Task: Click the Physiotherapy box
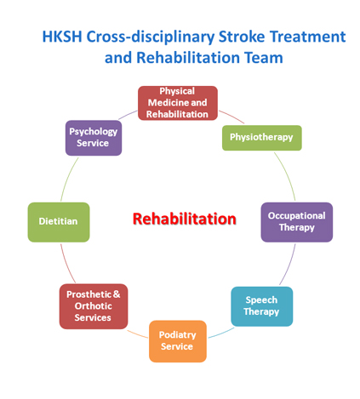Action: coord(261,138)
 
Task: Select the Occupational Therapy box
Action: coord(297,222)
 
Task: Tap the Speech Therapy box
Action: coord(262,306)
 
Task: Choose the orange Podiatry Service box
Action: coord(178,341)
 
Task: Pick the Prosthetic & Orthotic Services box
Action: coord(94,306)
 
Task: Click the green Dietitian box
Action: coord(59,222)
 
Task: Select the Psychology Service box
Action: coord(94,138)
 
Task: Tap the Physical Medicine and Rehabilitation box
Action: coord(178,103)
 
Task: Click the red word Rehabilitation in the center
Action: coord(185,219)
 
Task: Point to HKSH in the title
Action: coord(62,37)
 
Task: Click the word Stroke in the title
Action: coord(242,37)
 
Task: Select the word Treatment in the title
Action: coord(307,37)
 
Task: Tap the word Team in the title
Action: coord(264,58)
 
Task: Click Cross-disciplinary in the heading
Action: coord(151,37)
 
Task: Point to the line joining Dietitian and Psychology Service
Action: coord(68,179)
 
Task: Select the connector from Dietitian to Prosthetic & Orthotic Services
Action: coord(66,264)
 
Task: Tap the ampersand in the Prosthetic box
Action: coord(117,294)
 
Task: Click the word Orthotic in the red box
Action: coord(94,306)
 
